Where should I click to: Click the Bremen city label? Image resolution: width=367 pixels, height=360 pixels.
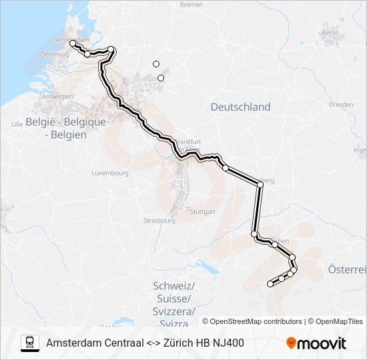[191, 5]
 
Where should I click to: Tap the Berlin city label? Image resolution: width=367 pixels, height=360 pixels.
[330, 32]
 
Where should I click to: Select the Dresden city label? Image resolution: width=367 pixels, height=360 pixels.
[340, 105]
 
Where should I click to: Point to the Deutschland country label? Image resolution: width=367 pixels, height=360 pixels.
[240, 107]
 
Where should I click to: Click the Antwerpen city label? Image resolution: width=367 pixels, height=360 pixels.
[57, 97]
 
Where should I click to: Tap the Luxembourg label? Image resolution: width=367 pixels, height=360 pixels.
[109, 173]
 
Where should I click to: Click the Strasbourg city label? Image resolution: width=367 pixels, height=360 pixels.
[159, 220]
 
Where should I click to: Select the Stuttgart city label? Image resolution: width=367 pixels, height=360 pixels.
[202, 211]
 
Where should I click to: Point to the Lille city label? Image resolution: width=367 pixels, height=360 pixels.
[17, 124]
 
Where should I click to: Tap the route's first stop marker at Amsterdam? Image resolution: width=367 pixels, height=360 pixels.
[72, 43]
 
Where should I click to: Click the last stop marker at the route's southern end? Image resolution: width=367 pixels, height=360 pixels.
[270, 284]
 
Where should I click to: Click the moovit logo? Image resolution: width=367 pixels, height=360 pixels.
[316, 343]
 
